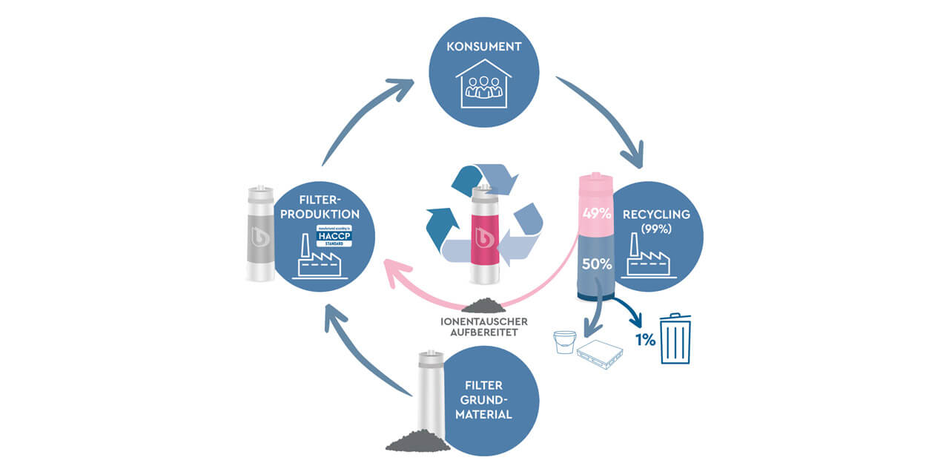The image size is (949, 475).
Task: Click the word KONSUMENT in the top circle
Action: point(484,47)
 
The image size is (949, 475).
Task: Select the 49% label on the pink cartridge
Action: point(596,214)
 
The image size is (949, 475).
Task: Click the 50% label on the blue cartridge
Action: point(596,263)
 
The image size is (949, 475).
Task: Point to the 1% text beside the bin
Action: point(644,340)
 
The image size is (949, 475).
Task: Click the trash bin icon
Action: point(675,338)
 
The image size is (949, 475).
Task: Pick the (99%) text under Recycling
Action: point(655,229)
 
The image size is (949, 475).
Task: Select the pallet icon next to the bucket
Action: point(599,355)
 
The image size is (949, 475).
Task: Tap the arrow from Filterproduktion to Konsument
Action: point(363,119)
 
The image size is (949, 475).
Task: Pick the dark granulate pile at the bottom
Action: point(417,441)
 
